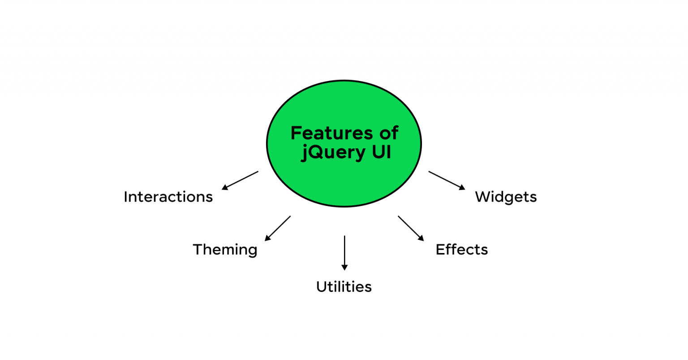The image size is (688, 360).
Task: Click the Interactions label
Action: click(x=168, y=197)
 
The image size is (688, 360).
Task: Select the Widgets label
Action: click(x=506, y=197)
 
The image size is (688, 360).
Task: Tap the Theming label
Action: click(x=225, y=250)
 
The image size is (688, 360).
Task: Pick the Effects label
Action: click(x=461, y=249)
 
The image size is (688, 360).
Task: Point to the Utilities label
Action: click(x=344, y=287)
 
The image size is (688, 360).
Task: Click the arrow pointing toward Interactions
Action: click(x=240, y=180)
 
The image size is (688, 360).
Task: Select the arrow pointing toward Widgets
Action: click(x=447, y=180)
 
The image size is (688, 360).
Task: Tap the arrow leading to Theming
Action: click(x=278, y=228)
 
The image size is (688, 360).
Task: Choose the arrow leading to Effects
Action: click(x=411, y=228)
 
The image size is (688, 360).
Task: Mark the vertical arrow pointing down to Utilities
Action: click(x=344, y=253)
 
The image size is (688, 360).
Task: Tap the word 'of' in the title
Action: click(x=388, y=133)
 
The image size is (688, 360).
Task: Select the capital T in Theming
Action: click(x=198, y=249)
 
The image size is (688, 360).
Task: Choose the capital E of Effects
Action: click(x=440, y=249)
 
